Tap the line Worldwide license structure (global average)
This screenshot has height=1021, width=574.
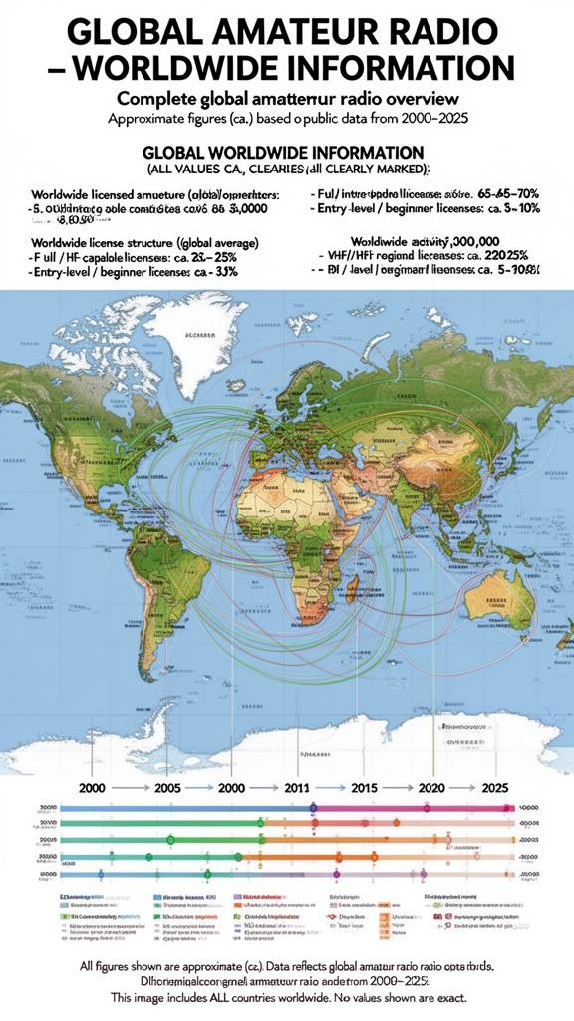click(x=145, y=242)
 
